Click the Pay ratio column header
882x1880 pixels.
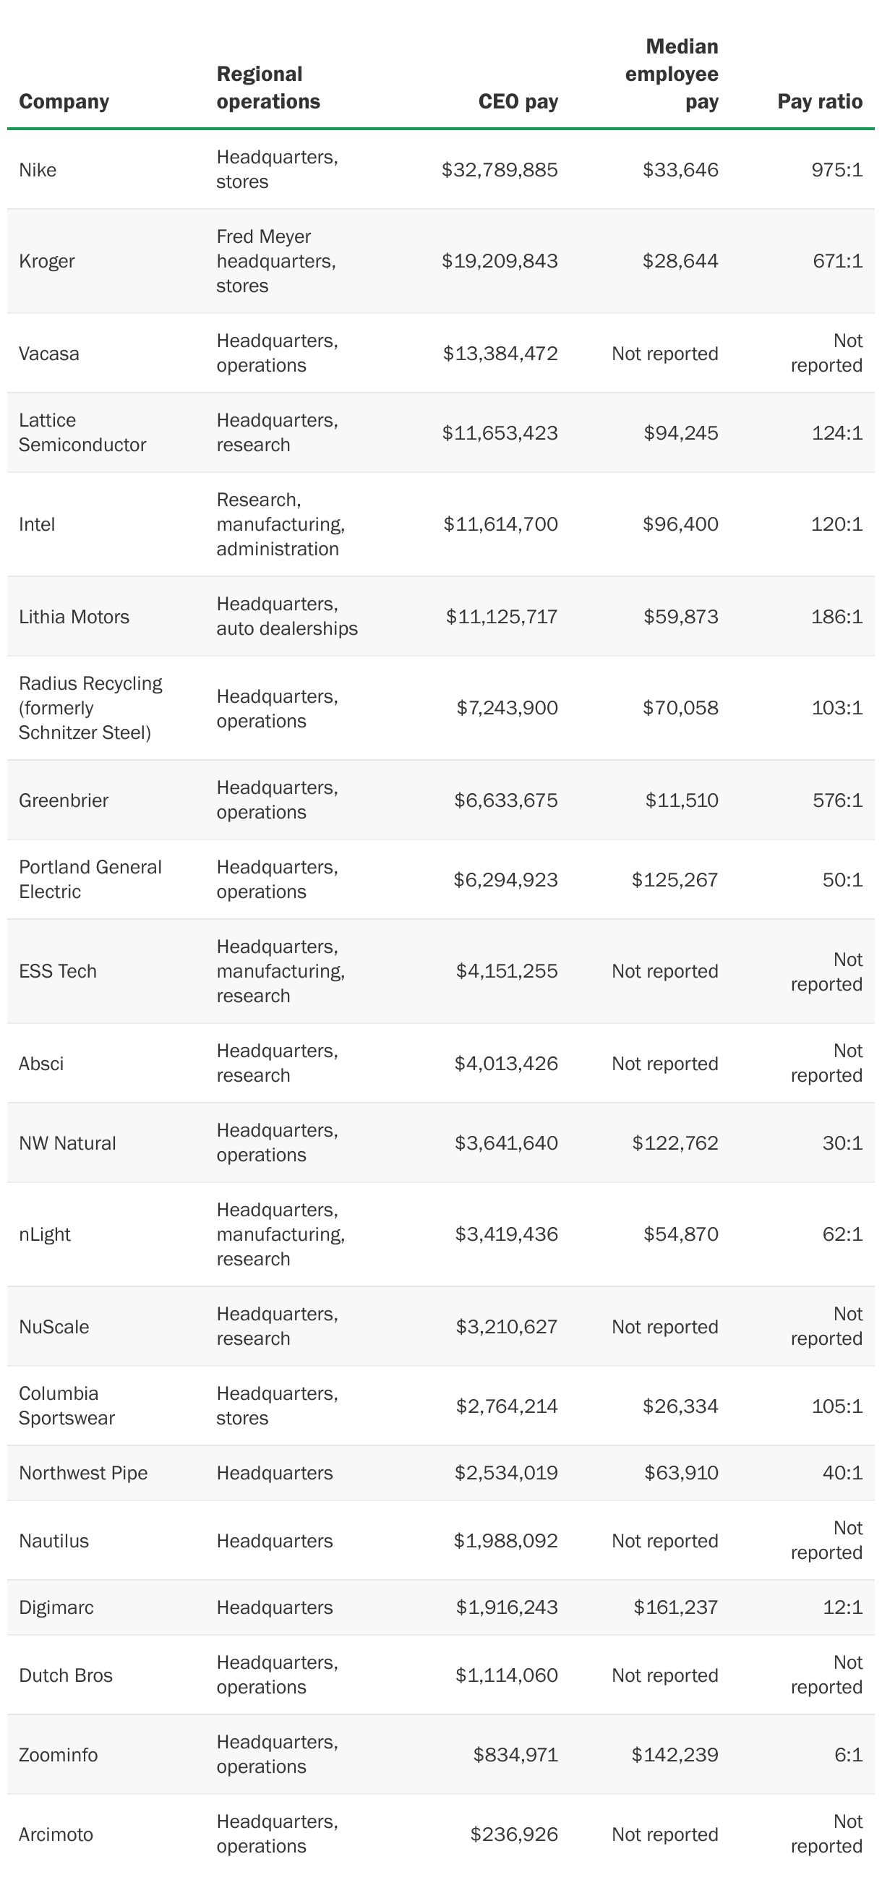point(819,101)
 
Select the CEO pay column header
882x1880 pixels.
point(518,101)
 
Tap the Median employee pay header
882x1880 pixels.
point(672,74)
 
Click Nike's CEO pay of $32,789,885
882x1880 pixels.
point(500,170)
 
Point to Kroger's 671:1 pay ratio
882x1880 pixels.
point(837,261)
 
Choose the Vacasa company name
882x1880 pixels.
point(49,354)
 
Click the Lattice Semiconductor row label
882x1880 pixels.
point(82,433)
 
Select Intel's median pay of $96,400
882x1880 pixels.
point(680,524)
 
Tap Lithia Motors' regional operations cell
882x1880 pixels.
point(287,617)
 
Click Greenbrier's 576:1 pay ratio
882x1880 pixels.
point(837,800)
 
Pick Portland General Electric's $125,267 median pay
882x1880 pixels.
point(675,880)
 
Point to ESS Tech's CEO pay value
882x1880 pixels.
point(506,971)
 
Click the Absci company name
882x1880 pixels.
point(41,1064)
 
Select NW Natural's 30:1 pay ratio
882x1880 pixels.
point(843,1143)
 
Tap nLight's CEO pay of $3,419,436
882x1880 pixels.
point(506,1234)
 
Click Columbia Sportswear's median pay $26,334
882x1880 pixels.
point(680,1406)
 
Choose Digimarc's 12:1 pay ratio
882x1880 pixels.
point(843,1607)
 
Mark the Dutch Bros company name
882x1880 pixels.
point(66,1675)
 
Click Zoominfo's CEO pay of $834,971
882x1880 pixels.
point(515,1754)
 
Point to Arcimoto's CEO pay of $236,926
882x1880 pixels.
point(513,1834)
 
